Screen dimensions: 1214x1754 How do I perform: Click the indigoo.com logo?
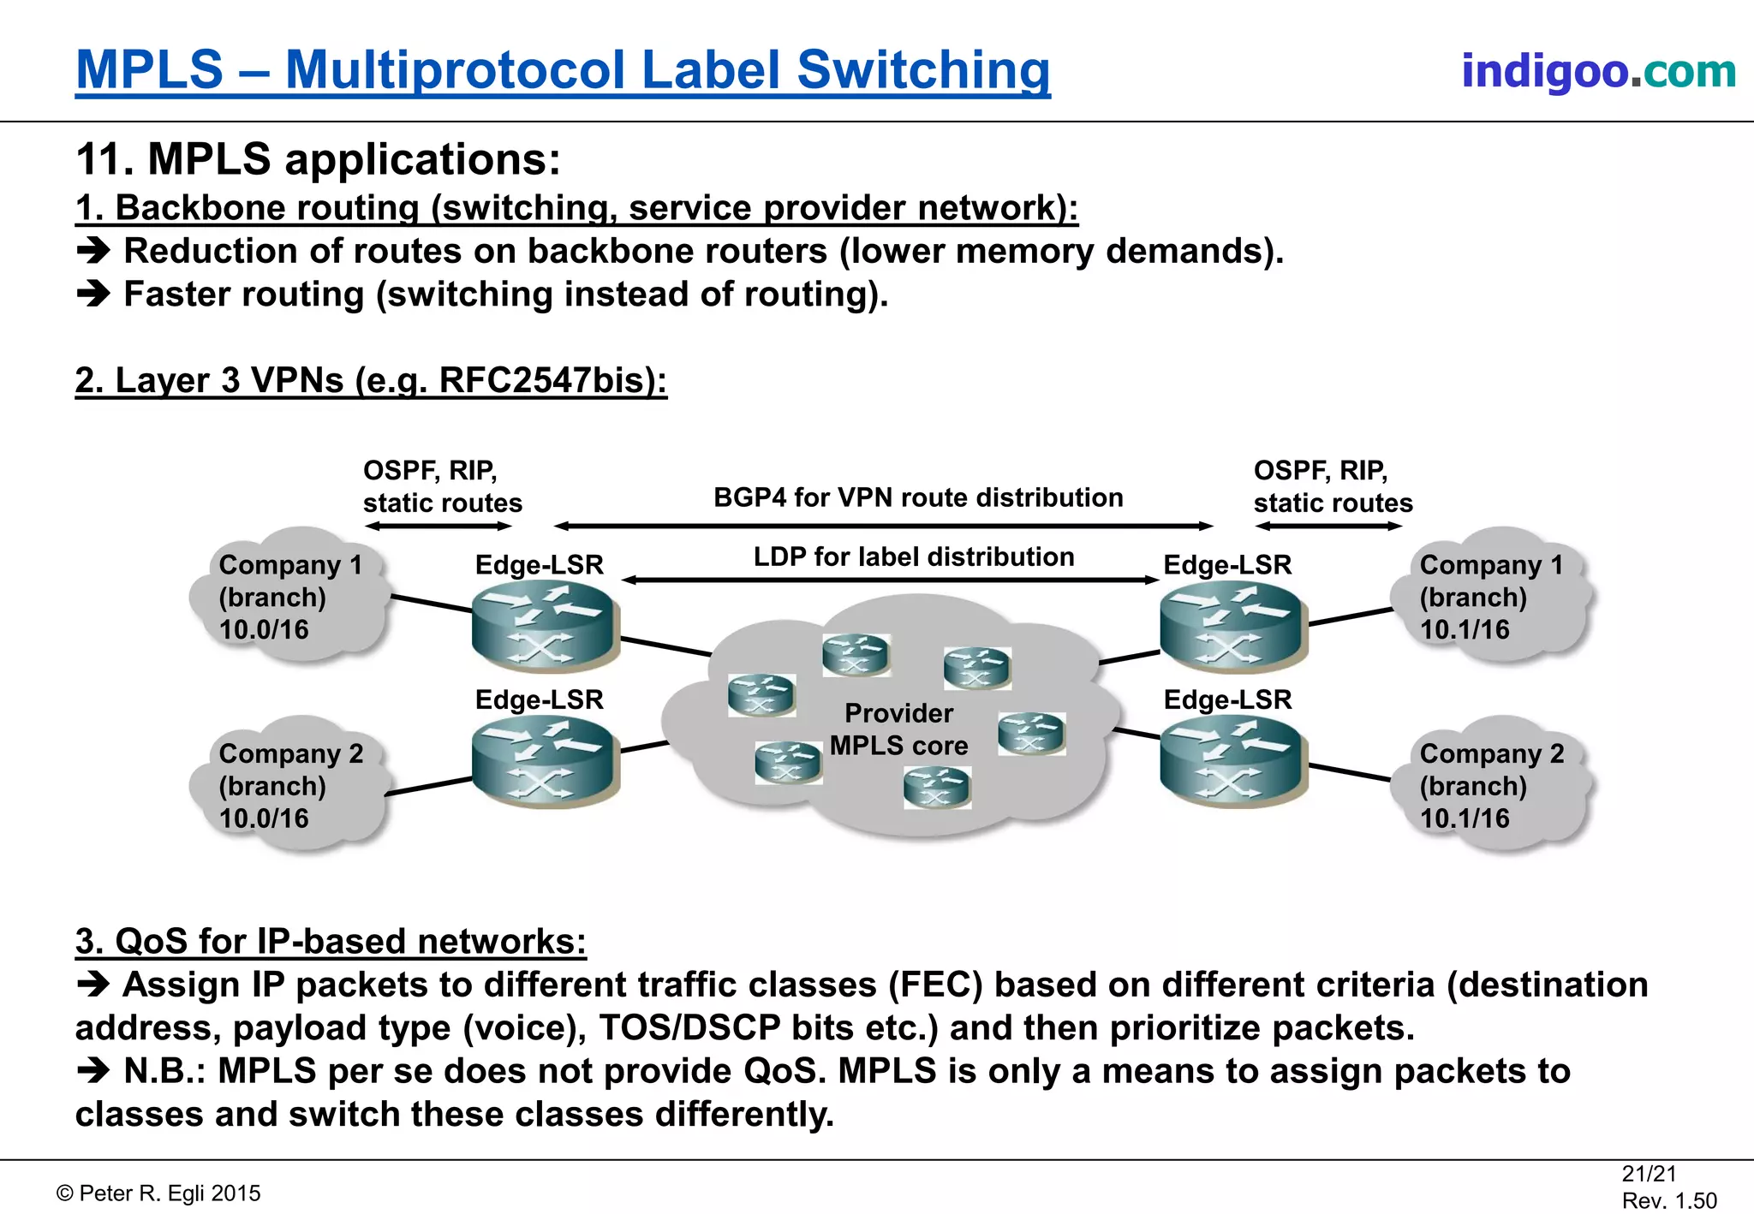click(1598, 71)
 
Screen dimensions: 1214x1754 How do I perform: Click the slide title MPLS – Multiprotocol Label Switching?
click(563, 70)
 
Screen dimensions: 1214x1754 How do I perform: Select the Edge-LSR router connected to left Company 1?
click(543, 625)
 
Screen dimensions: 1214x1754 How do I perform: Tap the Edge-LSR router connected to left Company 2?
click(543, 760)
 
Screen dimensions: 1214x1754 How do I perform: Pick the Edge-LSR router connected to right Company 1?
click(1231, 625)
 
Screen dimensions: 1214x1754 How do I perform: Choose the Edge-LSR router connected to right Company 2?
click(1231, 760)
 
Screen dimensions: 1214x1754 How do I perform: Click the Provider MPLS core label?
click(898, 729)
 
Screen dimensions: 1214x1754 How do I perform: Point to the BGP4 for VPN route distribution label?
click(918, 497)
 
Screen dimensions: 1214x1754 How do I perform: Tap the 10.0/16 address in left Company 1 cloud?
click(264, 630)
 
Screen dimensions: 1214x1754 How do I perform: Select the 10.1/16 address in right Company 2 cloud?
click(1465, 818)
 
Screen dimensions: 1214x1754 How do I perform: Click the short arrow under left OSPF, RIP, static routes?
click(438, 527)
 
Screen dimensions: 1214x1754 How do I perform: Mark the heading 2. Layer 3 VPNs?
click(371, 381)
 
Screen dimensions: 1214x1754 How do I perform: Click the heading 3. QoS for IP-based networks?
click(331, 942)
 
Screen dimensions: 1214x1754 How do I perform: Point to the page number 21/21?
click(1649, 1174)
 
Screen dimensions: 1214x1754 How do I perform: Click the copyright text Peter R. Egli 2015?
click(158, 1193)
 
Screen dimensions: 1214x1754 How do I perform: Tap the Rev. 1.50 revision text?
click(1669, 1200)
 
